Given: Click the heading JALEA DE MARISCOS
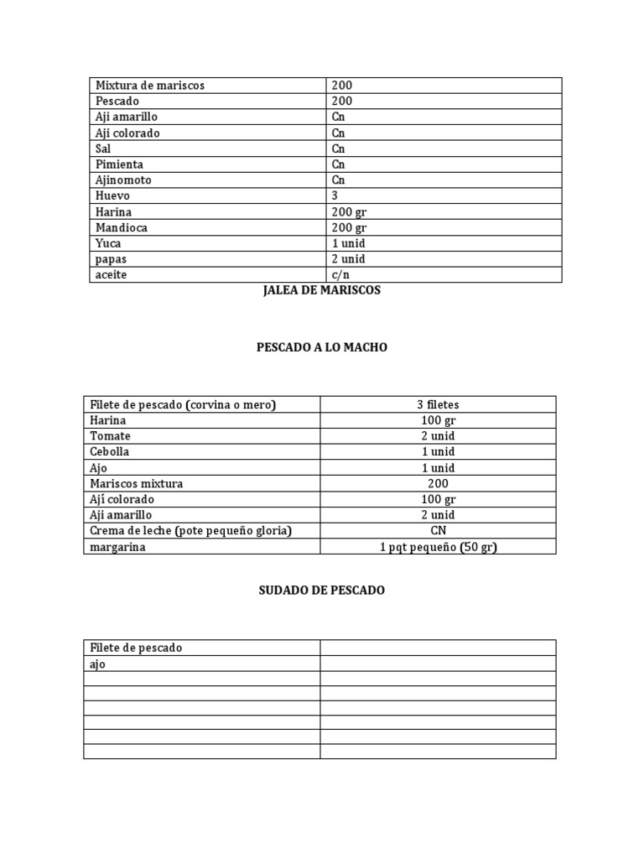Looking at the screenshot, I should [x=322, y=290].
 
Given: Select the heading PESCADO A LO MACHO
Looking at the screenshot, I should [x=322, y=347].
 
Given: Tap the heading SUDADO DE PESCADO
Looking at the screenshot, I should [x=322, y=591].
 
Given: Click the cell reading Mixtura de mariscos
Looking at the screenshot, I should [x=150, y=86].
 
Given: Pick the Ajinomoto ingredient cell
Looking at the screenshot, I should [x=124, y=180].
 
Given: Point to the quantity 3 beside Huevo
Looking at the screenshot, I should [x=335, y=195].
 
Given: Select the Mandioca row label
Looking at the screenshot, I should [x=122, y=227].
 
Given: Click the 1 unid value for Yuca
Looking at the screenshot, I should [x=347, y=243].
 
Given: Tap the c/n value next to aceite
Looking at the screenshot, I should [x=340, y=275].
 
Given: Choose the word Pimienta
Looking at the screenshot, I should [x=120, y=164].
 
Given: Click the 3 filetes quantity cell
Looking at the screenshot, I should [x=438, y=404].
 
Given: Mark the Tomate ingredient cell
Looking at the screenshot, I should [x=111, y=436].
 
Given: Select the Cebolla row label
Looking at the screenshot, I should [x=110, y=451].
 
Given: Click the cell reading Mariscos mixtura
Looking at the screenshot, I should [x=137, y=483].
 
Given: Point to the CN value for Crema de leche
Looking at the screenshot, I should [x=438, y=531].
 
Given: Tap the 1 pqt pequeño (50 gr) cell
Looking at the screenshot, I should [x=438, y=547].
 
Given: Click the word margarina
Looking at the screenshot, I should [x=117, y=547].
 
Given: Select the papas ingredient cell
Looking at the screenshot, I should [x=111, y=259].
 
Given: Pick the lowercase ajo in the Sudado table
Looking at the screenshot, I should [x=98, y=664].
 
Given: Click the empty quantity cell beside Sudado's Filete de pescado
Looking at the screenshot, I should [x=438, y=648].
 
